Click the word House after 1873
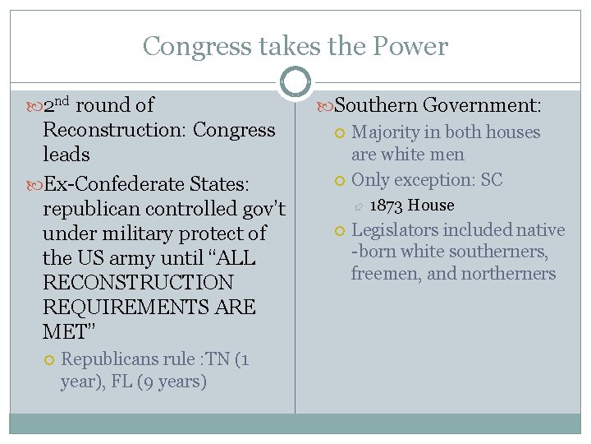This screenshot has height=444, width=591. click(431, 205)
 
